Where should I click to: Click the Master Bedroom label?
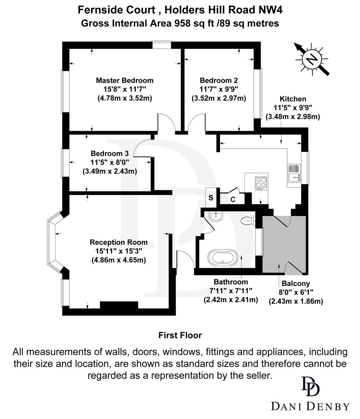(x=124, y=81)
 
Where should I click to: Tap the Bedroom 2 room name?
(x=219, y=81)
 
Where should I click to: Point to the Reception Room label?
(x=119, y=242)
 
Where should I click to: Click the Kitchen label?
(x=293, y=99)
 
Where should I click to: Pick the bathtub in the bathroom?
(x=224, y=257)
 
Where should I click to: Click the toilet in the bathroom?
(x=247, y=220)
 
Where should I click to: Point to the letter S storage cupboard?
(x=211, y=197)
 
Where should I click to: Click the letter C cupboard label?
(x=233, y=200)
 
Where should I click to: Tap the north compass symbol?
(x=312, y=59)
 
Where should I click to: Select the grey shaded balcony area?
(x=284, y=244)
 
